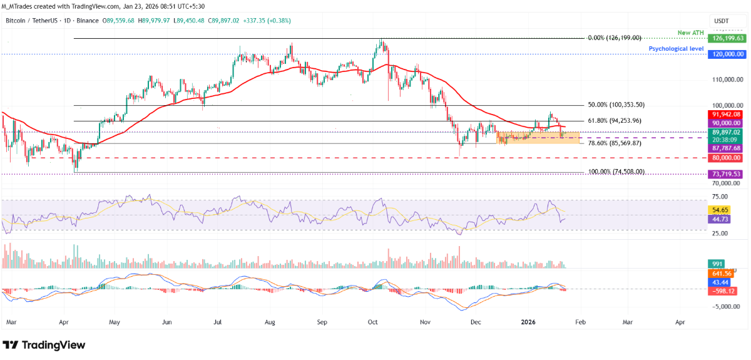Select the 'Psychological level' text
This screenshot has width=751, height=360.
677,48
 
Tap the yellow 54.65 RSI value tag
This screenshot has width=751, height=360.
719,210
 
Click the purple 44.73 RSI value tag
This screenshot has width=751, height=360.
719,219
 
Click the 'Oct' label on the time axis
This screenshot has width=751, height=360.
373,323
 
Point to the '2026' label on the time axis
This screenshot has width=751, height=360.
529,323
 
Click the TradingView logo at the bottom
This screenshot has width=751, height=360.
44,345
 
